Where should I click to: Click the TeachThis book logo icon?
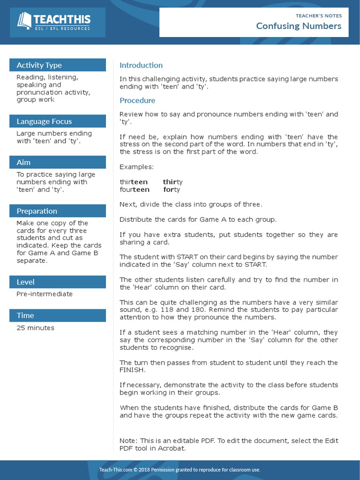tap(24, 21)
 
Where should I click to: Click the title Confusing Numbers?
tap(299, 26)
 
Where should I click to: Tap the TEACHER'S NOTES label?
tap(319, 15)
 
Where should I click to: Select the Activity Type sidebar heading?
tap(39, 65)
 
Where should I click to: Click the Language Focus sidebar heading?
tap(44, 121)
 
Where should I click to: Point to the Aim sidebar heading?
tap(23, 162)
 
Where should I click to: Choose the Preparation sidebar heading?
tap(37, 211)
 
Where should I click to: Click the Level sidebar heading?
tap(25, 282)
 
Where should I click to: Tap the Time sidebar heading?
tap(25, 315)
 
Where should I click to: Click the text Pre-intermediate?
tap(45, 294)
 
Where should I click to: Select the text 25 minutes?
tap(35, 328)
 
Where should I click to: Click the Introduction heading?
tap(141, 65)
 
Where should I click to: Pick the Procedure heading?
tap(137, 100)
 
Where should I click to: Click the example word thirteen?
tap(134, 182)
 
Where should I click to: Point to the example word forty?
tap(172, 189)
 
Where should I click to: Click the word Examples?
tap(136, 167)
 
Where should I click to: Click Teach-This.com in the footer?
tap(115, 470)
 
